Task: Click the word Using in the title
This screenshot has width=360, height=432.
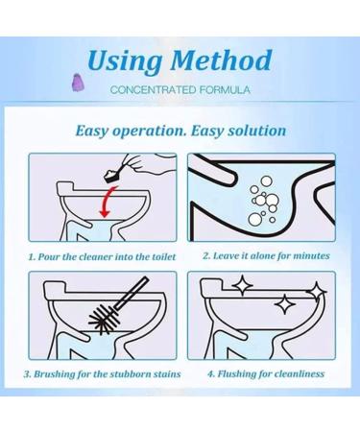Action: click(x=125, y=61)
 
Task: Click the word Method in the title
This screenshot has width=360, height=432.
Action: click(x=221, y=60)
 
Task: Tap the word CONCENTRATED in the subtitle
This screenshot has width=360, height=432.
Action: click(x=153, y=90)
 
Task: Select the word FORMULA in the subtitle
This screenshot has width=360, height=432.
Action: click(x=225, y=90)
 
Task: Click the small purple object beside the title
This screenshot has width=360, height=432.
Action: click(x=77, y=83)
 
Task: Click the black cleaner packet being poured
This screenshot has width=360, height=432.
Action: click(x=114, y=176)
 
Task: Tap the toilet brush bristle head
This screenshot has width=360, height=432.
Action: click(x=104, y=318)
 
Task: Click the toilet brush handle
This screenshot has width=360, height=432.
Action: click(x=132, y=294)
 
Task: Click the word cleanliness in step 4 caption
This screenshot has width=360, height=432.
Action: click(x=300, y=373)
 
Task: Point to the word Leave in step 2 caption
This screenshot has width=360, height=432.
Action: click(x=225, y=256)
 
